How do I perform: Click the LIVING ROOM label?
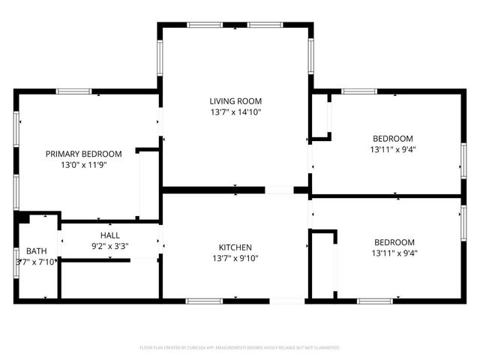[x=235, y=100]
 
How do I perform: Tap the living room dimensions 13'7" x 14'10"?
[x=235, y=112]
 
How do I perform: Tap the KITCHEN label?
[x=235, y=247]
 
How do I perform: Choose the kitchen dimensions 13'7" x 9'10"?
[x=235, y=259]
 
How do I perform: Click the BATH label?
[x=36, y=250]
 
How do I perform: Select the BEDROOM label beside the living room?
[x=393, y=138]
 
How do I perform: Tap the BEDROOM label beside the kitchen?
[x=394, y=242]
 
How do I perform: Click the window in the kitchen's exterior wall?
[x=204, y=301]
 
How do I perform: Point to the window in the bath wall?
[x=15, y=261]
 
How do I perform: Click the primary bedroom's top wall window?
[x=73, y=91]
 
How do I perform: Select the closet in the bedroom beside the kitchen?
[x=323, y=266]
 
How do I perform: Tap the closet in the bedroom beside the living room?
[x=321, y=116]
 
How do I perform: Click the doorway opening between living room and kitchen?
[x=279, y=190]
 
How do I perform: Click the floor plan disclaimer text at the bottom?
[x=240, y=347]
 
